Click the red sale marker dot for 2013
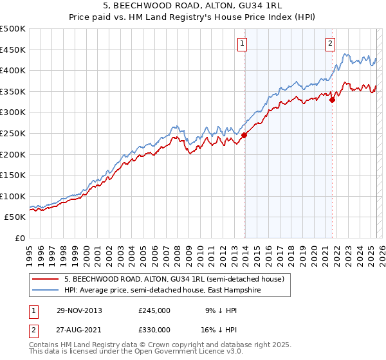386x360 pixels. tap(244, 135)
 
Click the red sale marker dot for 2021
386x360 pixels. tap(333, 100)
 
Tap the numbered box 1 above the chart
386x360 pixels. tap(243, 44)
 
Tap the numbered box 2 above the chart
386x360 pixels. tap(330, 44)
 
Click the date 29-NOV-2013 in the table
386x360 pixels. tap(80, 310)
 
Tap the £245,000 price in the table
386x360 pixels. tap(154, 310)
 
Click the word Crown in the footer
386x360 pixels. tap(158, 345)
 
